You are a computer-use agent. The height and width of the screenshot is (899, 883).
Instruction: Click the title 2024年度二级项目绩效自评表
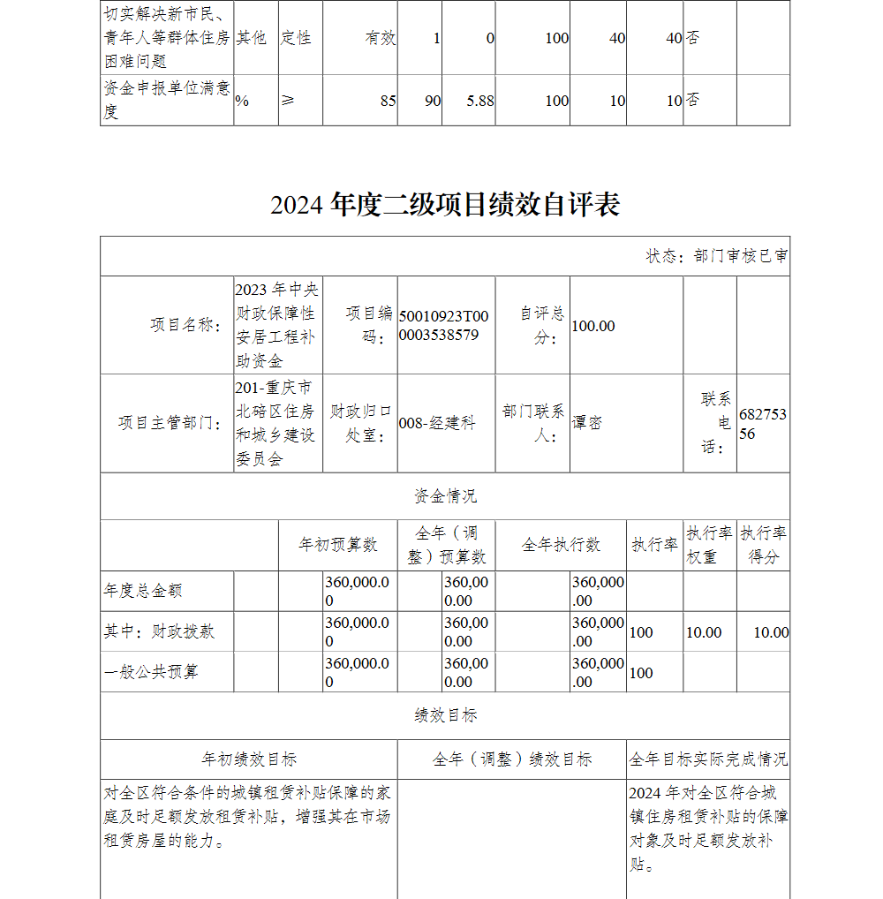(445, 205)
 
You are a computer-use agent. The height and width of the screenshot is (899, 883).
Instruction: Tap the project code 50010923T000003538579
(443, 326)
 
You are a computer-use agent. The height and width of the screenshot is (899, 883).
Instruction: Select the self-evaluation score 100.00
(593, 326)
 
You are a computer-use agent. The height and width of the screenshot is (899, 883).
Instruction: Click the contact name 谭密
(587, 423)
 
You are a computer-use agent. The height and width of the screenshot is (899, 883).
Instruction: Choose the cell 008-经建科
(437, 423)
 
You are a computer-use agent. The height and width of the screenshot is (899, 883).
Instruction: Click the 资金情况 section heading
(445, 496)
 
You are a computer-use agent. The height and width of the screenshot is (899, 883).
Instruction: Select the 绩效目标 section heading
(445, 715)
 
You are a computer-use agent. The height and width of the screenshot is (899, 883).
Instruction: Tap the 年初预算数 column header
(338, 545)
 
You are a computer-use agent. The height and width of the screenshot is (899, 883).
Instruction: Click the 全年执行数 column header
(561, 545)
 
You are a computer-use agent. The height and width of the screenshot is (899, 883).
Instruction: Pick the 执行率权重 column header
(710, 545)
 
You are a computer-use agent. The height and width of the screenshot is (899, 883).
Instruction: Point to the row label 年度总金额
(143, 591)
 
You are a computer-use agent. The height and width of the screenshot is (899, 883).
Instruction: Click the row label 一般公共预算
(151, 672)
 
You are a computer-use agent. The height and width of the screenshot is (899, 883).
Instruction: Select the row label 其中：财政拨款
(159, 631)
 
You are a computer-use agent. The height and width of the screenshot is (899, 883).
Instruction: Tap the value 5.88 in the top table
(480, 101)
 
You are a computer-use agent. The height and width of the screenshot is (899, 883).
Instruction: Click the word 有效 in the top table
(381, 39)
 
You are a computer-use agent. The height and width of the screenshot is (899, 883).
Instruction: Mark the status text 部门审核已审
(717, 256)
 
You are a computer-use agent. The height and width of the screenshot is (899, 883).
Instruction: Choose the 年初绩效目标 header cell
(249, 759)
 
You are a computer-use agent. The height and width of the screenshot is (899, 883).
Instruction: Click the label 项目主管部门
(170, 423)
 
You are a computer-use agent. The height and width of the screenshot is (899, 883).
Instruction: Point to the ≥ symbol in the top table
(288, 101)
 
